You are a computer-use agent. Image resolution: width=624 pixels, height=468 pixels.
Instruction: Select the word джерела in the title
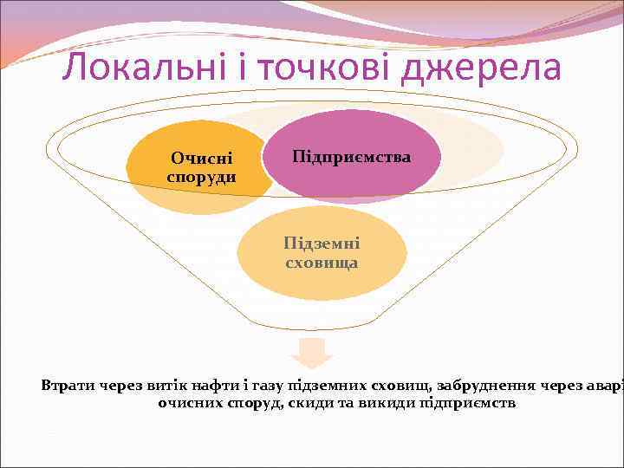[487, 67]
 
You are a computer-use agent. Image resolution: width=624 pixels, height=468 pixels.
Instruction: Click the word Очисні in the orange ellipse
[201, 159]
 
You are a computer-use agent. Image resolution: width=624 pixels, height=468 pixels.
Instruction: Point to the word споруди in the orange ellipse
[201, 176]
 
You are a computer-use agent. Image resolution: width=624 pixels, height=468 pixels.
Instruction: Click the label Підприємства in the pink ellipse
[352, 157]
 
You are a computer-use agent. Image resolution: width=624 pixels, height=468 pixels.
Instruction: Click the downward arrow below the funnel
[312, 353]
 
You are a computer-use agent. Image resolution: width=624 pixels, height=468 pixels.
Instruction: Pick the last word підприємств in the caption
[468, 403]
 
